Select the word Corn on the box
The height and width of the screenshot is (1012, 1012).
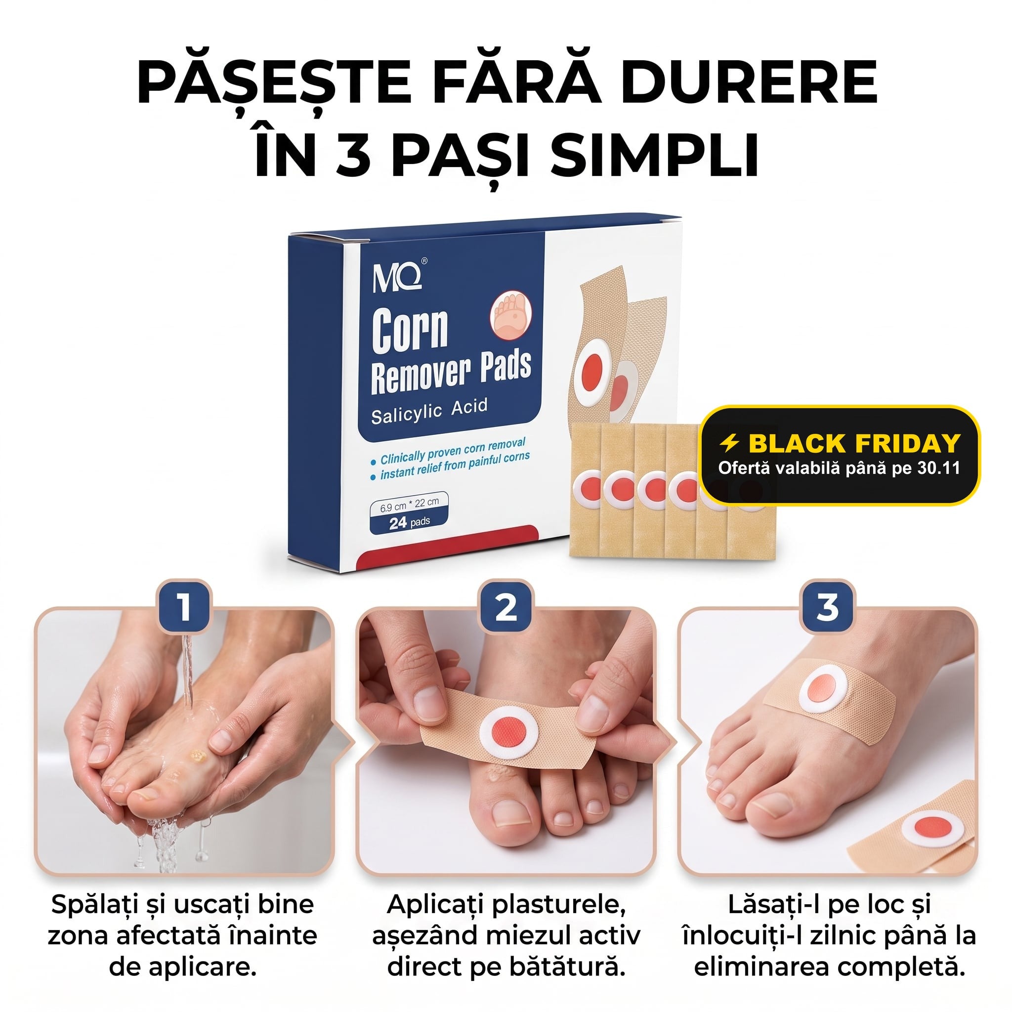click(410, 329)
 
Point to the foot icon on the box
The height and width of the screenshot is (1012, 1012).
click(511, 316)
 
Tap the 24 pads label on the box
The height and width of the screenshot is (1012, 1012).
click(409, 522)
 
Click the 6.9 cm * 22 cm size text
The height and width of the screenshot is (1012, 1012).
click(409, 504)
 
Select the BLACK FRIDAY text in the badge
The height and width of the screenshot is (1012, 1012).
click(854, 443)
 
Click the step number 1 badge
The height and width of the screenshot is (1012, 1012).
click(184, 608)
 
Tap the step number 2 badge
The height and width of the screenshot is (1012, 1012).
click(506, 608)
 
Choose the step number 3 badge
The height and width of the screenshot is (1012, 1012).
click(827, 608)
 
